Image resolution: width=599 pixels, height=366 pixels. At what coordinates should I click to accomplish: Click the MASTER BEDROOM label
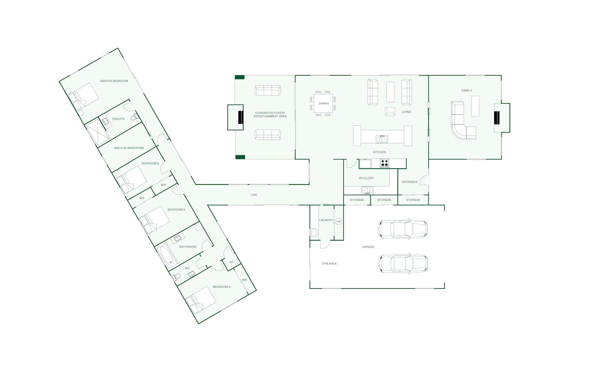114,81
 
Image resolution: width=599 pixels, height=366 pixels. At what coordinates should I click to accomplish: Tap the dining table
323,103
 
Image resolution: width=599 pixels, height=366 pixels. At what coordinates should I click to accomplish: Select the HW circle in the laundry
338,222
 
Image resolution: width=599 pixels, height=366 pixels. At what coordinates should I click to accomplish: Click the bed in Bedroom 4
201,300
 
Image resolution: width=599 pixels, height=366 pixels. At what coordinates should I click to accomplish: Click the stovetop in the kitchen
384,163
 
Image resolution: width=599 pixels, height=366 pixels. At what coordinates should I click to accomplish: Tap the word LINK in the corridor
254,195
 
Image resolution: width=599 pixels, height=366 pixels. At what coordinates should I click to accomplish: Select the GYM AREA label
329,264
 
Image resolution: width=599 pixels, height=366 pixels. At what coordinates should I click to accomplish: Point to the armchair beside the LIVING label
390,111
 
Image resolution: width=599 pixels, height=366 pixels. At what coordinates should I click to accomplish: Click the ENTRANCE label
410,182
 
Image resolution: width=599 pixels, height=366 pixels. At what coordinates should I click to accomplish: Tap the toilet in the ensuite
135,117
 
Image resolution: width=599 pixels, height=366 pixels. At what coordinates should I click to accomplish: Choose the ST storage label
232,262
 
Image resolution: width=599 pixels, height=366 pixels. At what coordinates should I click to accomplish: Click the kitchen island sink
382,139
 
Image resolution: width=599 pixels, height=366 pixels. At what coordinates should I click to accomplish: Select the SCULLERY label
366,178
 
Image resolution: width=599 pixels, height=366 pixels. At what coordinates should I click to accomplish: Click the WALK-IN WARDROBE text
129,148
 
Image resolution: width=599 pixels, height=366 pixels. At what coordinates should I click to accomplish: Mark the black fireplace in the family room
497,118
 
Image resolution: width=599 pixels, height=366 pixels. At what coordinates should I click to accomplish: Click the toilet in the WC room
176,277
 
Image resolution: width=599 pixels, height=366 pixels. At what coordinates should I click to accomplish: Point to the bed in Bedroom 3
155,220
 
